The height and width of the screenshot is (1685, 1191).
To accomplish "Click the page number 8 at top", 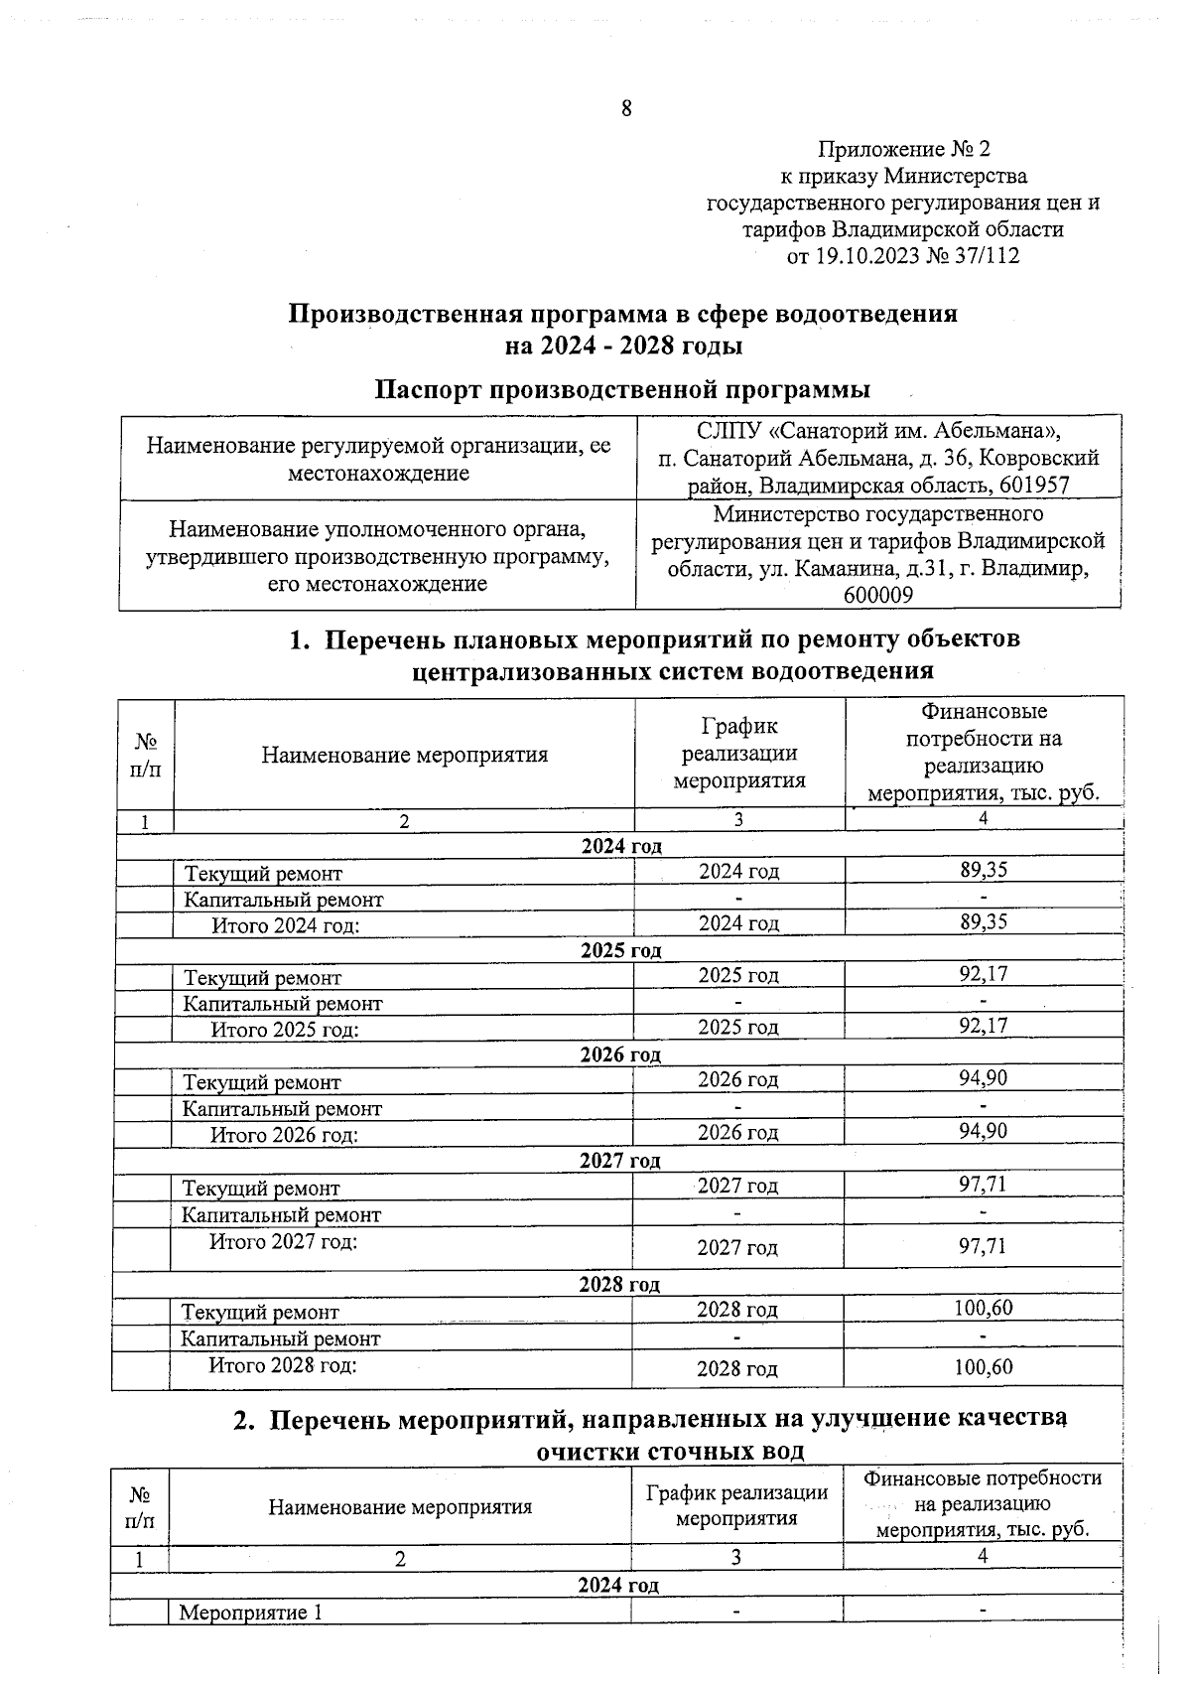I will point(626,108).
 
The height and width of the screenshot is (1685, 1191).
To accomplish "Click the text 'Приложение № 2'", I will point(903,150).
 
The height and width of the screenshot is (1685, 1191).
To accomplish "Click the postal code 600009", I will point(878,596).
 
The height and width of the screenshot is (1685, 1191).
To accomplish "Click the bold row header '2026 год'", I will point(620,1054).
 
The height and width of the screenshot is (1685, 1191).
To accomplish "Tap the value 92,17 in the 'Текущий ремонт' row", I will point(983,974).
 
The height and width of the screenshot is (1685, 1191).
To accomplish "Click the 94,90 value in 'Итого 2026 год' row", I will point(983,1131).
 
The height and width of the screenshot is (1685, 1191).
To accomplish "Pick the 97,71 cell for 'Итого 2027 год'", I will point(982,1246).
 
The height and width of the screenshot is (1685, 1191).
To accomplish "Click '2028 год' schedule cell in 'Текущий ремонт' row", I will point(736,1310).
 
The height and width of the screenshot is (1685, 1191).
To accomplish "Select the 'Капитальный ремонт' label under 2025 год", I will point(283,1004).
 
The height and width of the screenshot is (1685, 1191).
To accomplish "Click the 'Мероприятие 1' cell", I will point(250,1613).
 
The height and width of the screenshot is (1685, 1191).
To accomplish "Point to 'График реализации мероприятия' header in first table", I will point(738,754).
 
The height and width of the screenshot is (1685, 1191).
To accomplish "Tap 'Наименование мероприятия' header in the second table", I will point(399,1507).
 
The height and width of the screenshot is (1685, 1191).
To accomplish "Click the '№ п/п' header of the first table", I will point(145,755).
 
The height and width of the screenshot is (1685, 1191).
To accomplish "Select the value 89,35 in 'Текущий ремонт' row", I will point(983,870).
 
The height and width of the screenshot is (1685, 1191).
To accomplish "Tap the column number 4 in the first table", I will point(983,819).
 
